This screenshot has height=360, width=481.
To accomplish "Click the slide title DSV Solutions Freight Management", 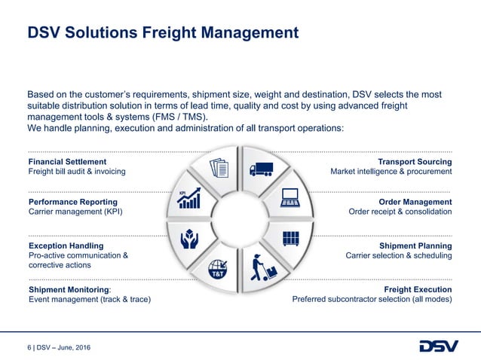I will tap(163, 33).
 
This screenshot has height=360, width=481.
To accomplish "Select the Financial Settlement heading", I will tap(67, 161).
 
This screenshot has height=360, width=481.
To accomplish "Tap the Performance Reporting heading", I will tap(72, 202).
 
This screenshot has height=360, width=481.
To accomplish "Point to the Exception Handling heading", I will tap(66, 246).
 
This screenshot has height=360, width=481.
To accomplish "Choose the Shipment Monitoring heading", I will tap(69, 289).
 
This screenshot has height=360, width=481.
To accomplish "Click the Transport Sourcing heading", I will tap(415, 161).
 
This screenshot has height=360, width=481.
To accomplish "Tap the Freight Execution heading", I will tap(418, 289).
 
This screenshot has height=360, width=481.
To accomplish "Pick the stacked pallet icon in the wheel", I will tap(290, 238).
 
